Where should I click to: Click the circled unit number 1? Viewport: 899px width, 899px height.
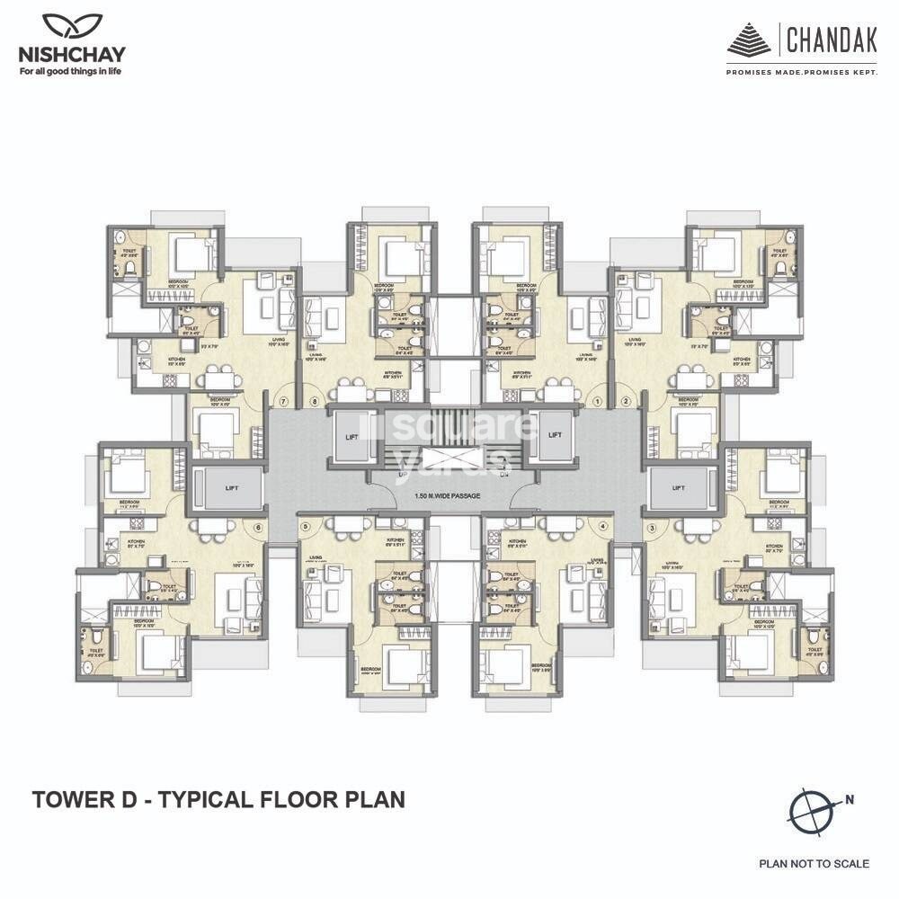[599, 402]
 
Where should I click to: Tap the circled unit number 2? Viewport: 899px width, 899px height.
[626, 402]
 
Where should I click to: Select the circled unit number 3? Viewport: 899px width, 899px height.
[650, 528]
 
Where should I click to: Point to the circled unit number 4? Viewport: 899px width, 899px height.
[602, 526]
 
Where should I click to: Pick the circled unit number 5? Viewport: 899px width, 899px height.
[306, 526]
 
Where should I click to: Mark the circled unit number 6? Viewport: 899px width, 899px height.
[258, 528]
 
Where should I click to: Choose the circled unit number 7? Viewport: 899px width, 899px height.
[284, 402]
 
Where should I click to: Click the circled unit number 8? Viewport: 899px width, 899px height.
[315, 402]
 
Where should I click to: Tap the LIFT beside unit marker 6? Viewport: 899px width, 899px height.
[232, 487]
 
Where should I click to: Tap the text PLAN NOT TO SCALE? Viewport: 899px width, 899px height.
[814, 864]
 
